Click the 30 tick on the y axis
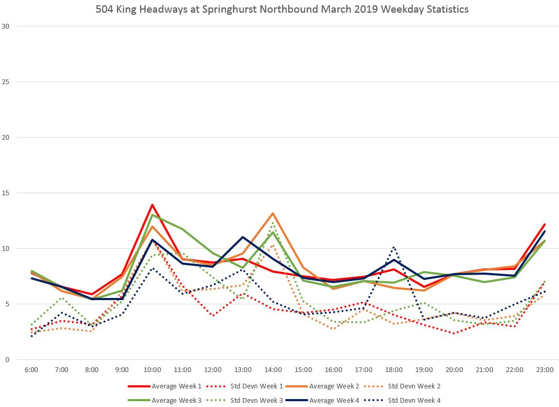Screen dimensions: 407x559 [6, 26]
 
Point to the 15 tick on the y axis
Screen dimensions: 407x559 [6, 193]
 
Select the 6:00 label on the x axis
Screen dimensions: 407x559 [31, 369]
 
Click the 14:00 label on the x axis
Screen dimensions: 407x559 [273, 369]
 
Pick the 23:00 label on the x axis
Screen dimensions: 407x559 [545, 369]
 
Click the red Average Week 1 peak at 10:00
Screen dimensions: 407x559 [152, 205]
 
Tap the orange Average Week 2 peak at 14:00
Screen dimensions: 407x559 [273, 213]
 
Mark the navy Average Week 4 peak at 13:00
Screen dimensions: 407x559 [243, 237]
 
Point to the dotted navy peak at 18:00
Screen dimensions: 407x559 [393, 247]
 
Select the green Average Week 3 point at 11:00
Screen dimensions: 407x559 [182, 229]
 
